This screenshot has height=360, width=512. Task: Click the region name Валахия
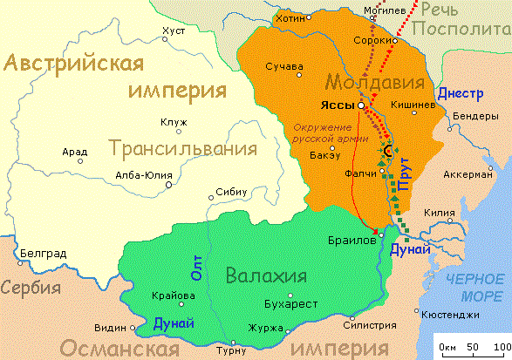click(x=266, y=276)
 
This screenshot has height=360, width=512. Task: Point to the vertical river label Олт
click(x=196, y=268)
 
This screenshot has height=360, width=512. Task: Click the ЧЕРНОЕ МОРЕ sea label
click(x=476, y=286)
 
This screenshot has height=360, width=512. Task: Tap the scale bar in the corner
click(x=472, y=342)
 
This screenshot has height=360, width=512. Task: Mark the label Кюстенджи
click(x=449, y=314)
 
